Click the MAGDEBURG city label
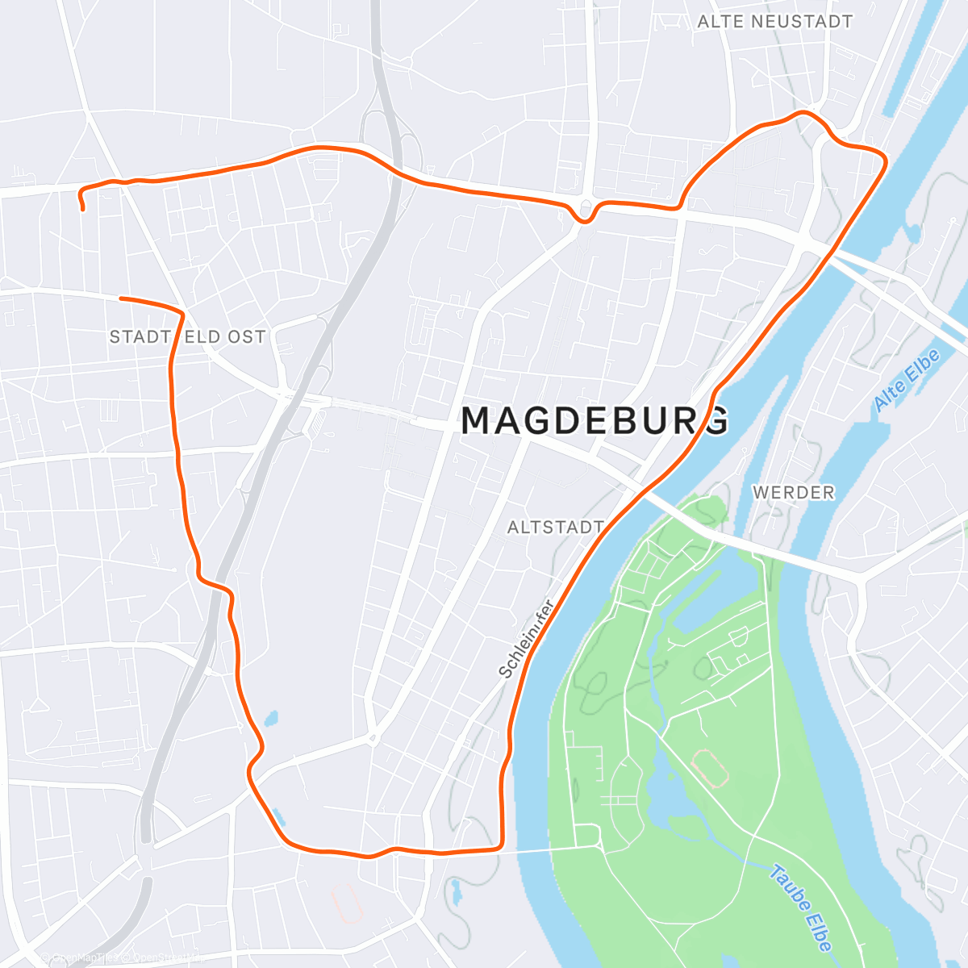tap(595, 420)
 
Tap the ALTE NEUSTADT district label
tap(774, 22)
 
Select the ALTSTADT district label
tap(555, 528)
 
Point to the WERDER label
tap(793, 492)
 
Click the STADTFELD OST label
tap(187, 336)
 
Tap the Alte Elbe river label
tap(907, 381)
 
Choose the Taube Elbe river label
tap(800, 907)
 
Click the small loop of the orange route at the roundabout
tap(584, 211)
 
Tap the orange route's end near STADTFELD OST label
tap(121, 298)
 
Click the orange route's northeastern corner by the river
tap(884, 158)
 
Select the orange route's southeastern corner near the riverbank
tap(501, 845)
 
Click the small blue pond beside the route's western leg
tap(270, 717)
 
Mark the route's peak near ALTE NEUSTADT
tap(803, 113)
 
